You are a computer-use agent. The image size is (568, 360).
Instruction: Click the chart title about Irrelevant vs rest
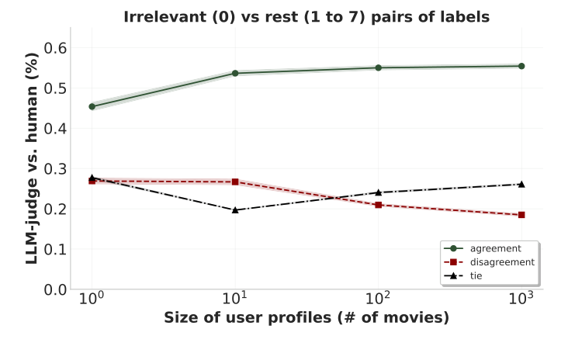click(x=307, y=17)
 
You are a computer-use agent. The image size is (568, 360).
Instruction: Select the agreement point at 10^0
click(x=92, y=106)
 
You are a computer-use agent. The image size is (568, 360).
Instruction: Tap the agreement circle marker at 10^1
click(x=235, y=73)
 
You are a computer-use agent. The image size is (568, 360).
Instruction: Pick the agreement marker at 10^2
click(x=379, y=67)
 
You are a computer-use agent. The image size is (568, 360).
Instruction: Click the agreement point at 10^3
click(x=521, y=66)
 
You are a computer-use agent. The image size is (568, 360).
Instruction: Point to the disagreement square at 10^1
click(x=235, y=182)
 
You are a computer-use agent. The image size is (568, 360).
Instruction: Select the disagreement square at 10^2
click(x=379, y=205)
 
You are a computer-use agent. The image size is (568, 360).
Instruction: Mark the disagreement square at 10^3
click(x=521, y=215)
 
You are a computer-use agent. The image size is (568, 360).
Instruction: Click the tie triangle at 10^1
click(x=235, y=209)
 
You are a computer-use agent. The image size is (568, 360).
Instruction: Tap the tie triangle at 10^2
click(x=379, y=192)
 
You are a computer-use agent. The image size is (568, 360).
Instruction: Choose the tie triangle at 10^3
click(x=521, y=184)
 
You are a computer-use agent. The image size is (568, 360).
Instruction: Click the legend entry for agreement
click(x=489, y=248)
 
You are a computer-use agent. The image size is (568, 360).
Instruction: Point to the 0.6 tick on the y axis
click(x=54, y=48)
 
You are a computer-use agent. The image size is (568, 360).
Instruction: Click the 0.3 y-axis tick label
click(x=54, y=169)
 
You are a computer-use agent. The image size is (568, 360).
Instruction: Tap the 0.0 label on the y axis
click(x=54, y=289)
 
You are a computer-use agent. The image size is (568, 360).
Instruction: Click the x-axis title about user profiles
click(x=307, y=318)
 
